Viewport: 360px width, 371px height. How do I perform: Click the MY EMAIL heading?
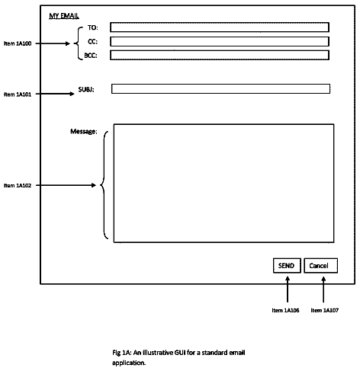[x=64, y=16]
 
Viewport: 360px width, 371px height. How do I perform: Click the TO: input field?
[x=220, y=27]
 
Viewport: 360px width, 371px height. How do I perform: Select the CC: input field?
[x=220, y=41]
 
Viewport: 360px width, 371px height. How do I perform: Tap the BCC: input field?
[x=220, y=55]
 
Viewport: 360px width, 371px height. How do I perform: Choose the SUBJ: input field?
[x=220, y=88]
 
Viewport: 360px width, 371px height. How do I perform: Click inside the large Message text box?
[x=223, y=183]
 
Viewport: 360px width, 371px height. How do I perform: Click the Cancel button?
[x=321, y=266]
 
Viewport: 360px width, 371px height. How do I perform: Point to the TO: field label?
[x=93, y=27]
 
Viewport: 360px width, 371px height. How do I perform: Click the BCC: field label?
[x=91, y=56]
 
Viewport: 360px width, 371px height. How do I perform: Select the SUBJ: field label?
[x=86, y=89]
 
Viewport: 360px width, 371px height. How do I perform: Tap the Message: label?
[x=84, y=131]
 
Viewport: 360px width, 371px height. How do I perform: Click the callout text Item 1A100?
[x=18, y=43]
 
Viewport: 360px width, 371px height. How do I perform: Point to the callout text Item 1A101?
[x=18, y=94]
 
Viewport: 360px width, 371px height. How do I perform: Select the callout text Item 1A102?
[x=18, y=185]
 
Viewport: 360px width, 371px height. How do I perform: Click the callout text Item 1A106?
[x=285, y=310]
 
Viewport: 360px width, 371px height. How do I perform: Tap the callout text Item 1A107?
[x=325, y=310]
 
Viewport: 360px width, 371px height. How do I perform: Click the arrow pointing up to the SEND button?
[x=288, y=289]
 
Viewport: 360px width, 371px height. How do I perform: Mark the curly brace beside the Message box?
[x=104, y=185]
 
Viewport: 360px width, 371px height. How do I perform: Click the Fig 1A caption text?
[x=178, y=357]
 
